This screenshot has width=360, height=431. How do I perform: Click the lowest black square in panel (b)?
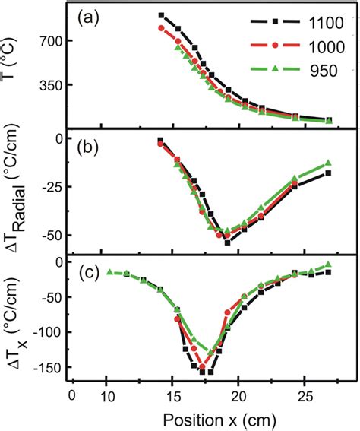coord(227,242)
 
